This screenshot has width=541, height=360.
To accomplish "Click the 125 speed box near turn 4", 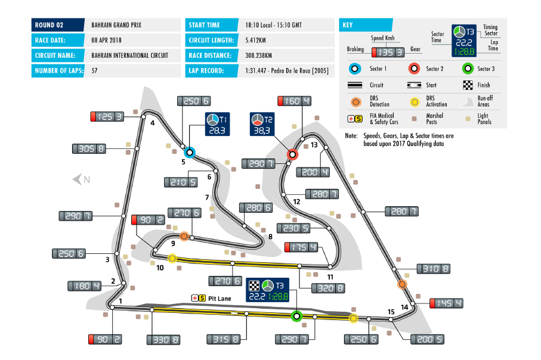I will (107, 117).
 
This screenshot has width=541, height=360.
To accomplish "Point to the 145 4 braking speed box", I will (446, 303).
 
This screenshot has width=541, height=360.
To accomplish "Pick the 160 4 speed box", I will (294, 101).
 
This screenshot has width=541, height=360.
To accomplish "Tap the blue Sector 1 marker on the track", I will (189, 151).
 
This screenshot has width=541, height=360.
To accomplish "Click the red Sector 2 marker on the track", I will (292, 154).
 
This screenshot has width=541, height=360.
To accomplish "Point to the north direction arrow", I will (80, 179).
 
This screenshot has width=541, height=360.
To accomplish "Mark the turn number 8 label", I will (270, 237).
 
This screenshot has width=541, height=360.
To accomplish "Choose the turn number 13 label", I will (314, 145).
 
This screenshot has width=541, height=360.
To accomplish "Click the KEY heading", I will (348, 25).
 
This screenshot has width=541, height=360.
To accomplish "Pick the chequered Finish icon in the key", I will (468, 85).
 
